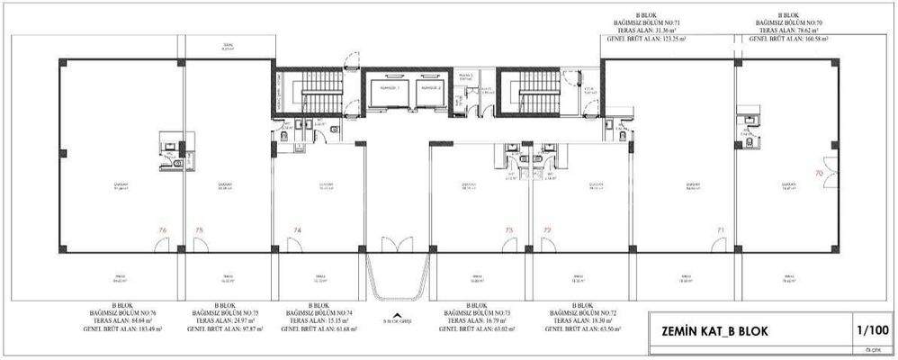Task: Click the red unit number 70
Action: [819, 171]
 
